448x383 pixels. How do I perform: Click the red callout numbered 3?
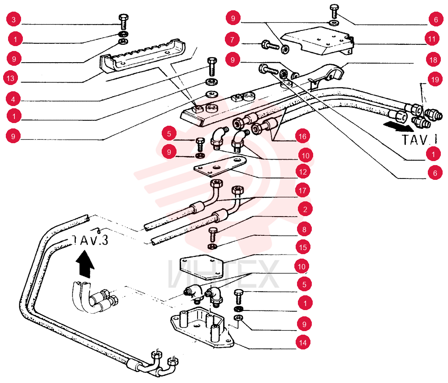tap(13, 20)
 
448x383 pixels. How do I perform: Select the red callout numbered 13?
tap(11, 78)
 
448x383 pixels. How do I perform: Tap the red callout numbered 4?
tap(13, 99)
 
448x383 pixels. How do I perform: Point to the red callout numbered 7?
tap(232, 39)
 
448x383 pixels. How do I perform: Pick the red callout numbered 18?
tap(433, 60)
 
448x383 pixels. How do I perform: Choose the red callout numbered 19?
tap(435, 79)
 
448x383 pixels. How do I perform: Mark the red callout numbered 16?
tap(302, 136)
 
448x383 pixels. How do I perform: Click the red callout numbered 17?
tap(302, 190)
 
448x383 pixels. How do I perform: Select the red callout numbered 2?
tap(305, 209)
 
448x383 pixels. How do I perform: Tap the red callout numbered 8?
tap(304, 230)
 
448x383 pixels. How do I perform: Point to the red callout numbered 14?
tap(303, 342)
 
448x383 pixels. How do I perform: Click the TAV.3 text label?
tap(90, 240)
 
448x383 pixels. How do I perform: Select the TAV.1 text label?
tap(419, 140)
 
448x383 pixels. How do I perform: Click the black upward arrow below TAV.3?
tap(85, 264)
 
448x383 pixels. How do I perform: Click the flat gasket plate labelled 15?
tap(202, 268)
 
